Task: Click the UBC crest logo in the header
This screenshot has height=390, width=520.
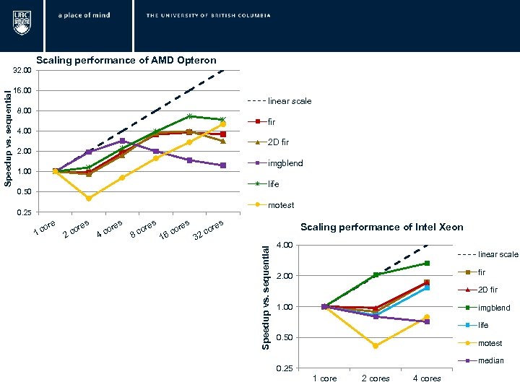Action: pos(22,22)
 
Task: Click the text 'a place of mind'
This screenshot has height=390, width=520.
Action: pos(84,15)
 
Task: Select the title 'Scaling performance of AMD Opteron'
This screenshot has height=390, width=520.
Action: pos(126,60)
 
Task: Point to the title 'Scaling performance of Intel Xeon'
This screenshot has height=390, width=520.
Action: pos(382,227)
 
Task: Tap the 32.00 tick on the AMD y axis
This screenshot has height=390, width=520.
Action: pos(22,71)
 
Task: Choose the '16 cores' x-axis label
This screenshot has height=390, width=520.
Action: pos(175,230)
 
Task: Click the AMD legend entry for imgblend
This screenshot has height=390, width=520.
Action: pos(285,163)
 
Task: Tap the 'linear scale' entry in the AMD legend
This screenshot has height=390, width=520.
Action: pos(290,101)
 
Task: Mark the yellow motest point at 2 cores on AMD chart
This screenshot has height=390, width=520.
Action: pos(89,198)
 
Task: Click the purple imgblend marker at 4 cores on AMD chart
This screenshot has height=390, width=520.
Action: pos(123,141)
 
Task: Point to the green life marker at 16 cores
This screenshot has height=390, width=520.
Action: pos(189,116)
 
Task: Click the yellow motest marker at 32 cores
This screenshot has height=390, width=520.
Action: pos(223,124)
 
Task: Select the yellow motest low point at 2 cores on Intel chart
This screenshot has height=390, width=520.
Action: pos(376,346)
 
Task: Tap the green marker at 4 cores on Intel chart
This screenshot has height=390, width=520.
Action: pos(427,264)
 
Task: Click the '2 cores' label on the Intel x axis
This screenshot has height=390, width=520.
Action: pos(376,378)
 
